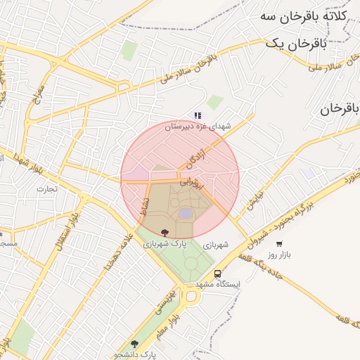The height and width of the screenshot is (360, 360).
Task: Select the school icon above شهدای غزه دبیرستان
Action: (198, 115)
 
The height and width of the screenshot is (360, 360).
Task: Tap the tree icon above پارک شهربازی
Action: (165, 233)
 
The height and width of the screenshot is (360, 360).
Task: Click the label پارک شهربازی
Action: (165, 245)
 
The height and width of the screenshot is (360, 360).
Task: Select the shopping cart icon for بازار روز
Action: (279, 244)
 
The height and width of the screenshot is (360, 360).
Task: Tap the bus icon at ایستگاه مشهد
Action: (217, 274)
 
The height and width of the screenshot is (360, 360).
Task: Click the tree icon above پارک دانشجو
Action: (135, 344)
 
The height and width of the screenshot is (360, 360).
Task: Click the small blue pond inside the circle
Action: (185, 213)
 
